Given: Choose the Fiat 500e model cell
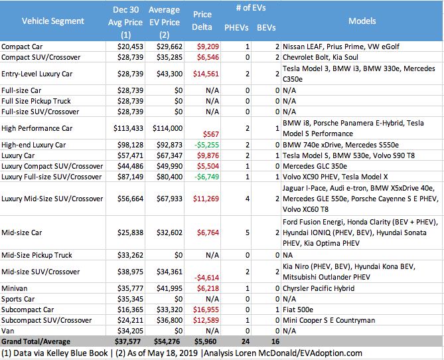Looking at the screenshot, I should click(299, 310).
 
